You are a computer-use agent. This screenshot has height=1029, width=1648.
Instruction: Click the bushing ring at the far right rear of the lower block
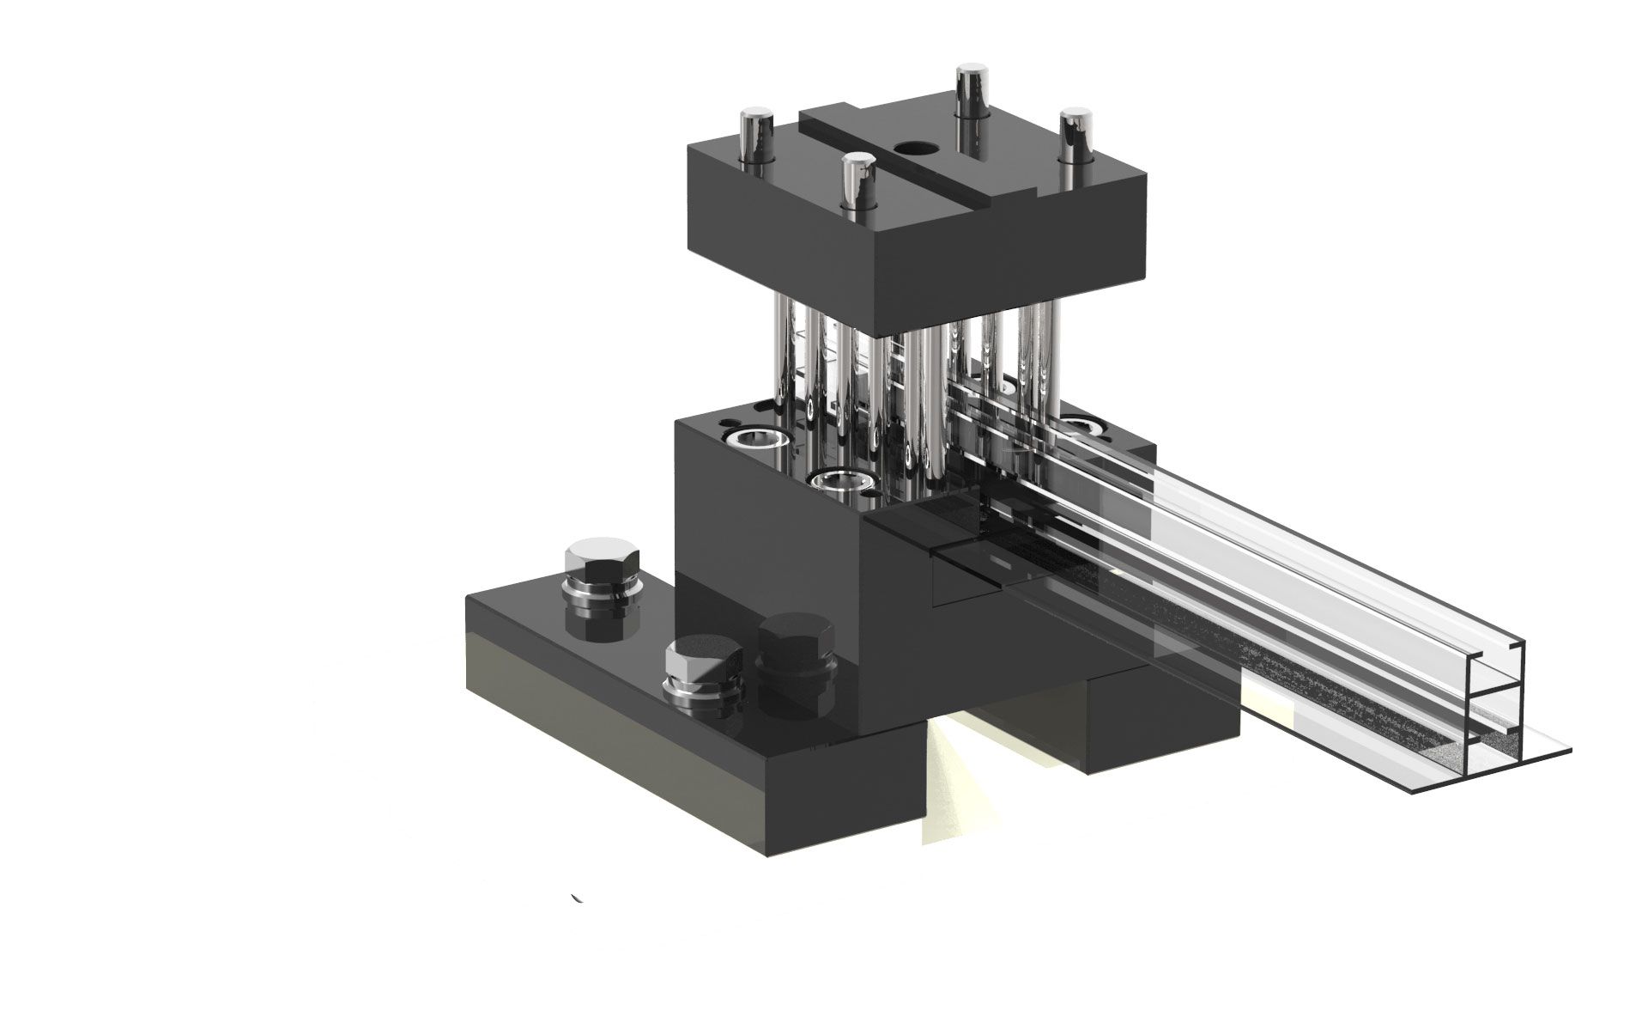click(x=1083, y=424)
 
